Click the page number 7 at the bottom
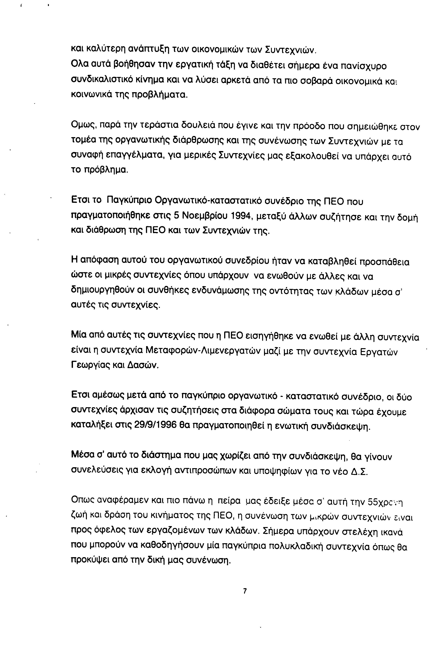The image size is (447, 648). click(245, 591)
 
